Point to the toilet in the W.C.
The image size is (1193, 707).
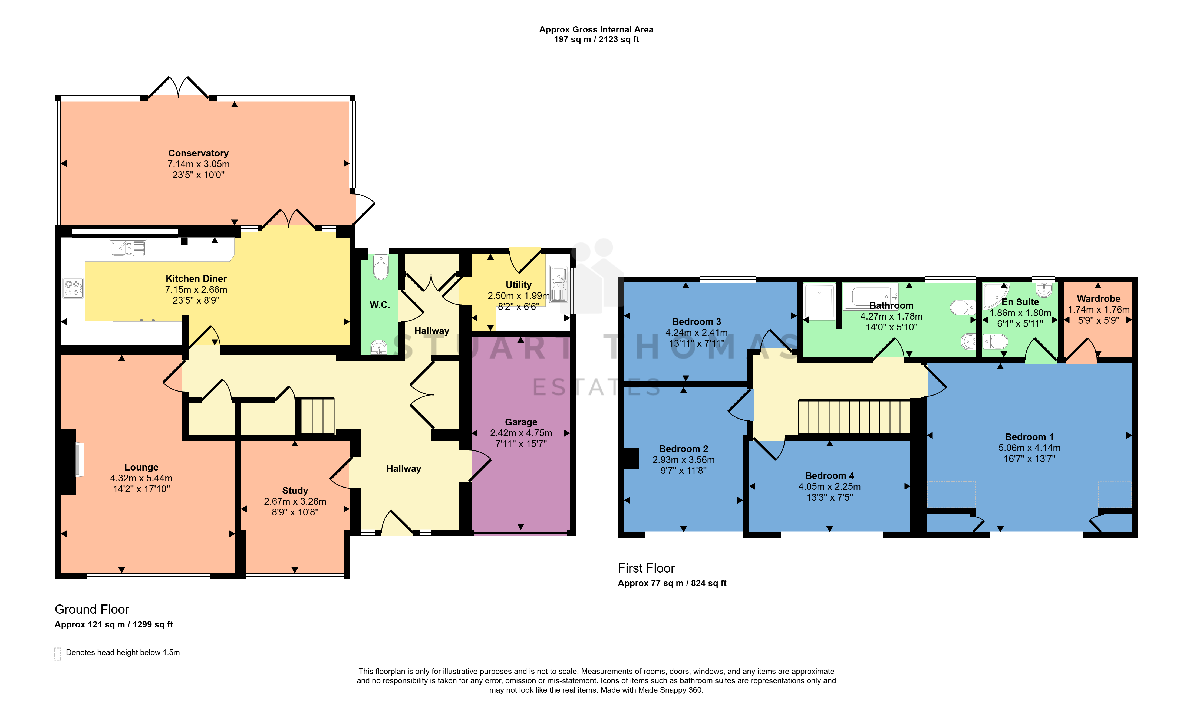381,267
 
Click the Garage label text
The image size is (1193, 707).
521,422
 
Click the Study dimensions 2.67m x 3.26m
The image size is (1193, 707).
295,501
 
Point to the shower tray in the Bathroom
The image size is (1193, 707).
820,301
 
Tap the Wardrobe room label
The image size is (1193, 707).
1099,299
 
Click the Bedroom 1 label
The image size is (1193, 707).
1029,437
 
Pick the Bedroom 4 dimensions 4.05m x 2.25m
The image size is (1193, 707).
830,486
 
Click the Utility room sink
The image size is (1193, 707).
559,284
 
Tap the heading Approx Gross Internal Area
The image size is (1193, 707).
596,29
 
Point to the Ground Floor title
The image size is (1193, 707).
92,609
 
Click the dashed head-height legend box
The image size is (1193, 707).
58,654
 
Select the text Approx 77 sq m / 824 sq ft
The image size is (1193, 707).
672,583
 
